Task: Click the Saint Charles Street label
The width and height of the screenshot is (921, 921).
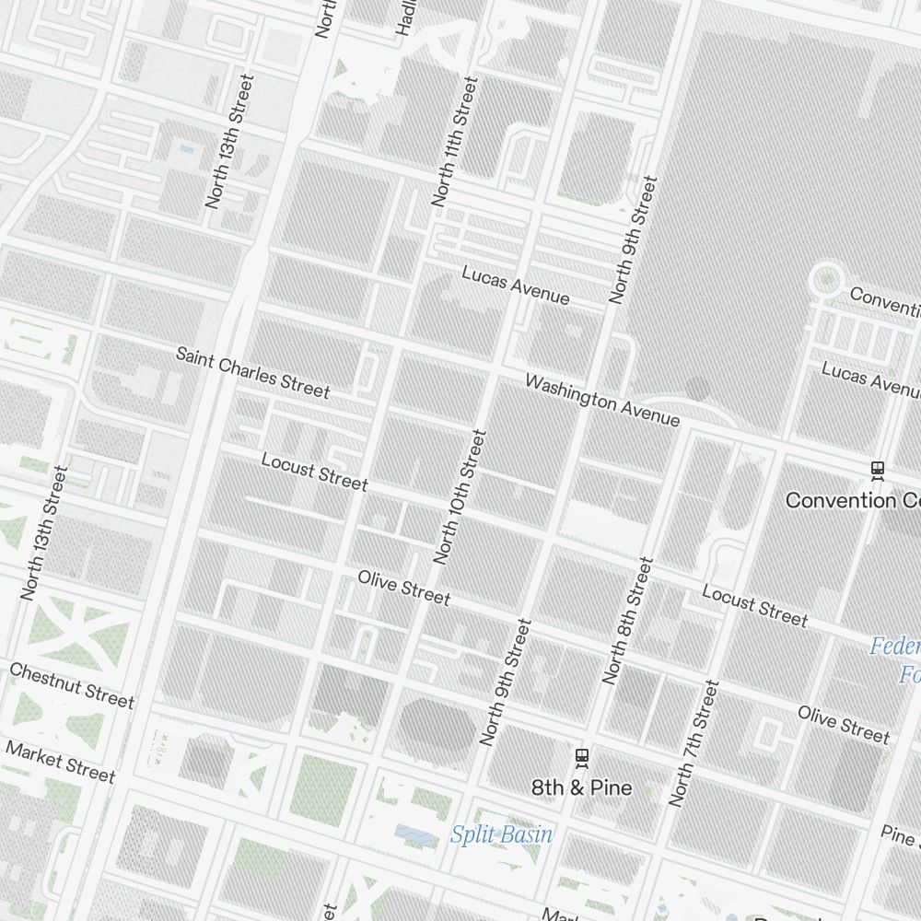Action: [252, 372]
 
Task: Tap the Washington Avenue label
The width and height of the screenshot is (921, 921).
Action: [602, 401]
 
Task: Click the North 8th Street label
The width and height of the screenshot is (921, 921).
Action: [628, 620]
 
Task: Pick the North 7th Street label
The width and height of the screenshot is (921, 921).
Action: [694, 743]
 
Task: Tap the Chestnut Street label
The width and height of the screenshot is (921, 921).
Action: [72, 684]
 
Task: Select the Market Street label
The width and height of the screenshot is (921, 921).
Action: [61, 761]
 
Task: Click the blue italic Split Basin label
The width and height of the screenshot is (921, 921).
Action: [501, 834]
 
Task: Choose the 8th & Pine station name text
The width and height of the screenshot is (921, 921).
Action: [582, 787]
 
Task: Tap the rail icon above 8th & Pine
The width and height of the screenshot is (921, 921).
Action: [581, 756]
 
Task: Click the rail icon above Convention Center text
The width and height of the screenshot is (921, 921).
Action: [878, 470]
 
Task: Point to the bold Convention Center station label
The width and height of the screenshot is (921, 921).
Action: [853, 500]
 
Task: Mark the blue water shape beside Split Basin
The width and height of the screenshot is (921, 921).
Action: [415, 834]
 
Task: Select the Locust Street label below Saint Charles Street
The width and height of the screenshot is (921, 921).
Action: [314, 472]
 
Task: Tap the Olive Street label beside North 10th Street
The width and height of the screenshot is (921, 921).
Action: [404, 588]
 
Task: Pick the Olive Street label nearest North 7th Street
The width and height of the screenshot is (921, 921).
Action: [844, 724]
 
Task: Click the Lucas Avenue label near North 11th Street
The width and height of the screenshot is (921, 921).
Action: [515, 286]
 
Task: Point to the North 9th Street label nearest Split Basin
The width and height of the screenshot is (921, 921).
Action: [506, 682]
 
